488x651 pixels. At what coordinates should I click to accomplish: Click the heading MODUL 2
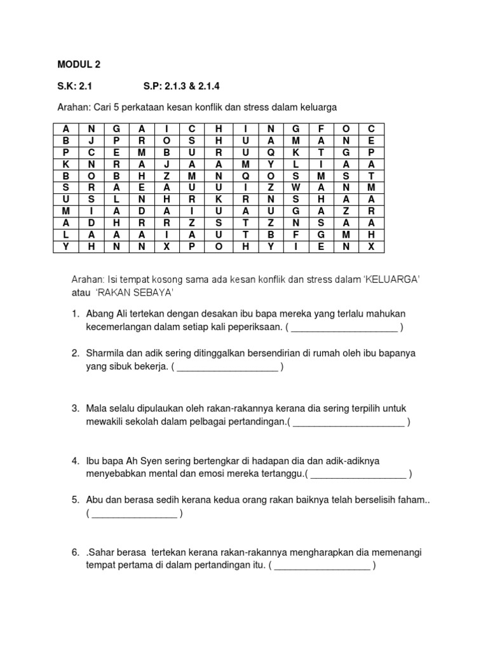tap(79, 65)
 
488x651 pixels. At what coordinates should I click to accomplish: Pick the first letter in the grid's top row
tap(65, 128)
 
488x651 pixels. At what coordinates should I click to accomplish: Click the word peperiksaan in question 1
tap(250, 327)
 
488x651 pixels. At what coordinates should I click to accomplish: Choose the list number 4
tap(74, 460)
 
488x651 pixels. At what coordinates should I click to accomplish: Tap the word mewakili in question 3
tap(105, 421)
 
